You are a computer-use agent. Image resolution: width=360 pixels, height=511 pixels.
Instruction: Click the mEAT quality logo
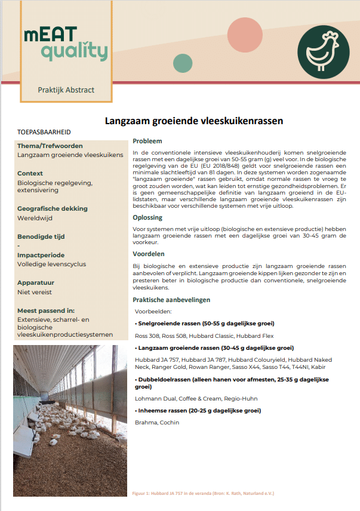[66, 43]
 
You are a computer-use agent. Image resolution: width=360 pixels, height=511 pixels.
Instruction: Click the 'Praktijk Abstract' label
[66, 90]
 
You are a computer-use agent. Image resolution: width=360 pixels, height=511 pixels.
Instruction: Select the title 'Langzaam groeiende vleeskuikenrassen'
[194, 121]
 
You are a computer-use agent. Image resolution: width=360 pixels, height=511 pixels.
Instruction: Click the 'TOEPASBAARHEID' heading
[44, 131]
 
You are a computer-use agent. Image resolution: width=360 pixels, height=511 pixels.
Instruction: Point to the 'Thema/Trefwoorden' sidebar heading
[50, 146]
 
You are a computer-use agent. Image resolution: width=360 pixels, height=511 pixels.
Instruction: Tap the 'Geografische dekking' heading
[53, 208]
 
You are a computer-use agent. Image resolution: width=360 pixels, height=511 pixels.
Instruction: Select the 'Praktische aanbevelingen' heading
[171, 300]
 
